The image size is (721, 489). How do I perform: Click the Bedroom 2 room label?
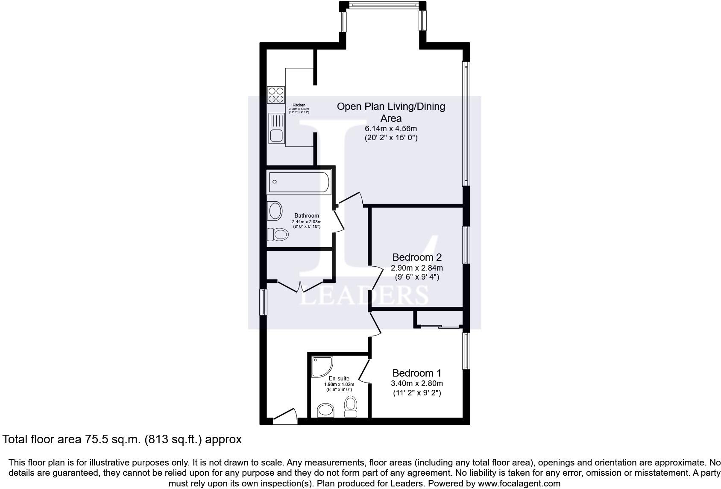click(416, 257)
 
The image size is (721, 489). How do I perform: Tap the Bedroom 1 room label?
click(416, 373)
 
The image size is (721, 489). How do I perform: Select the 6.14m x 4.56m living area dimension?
click(390, 128)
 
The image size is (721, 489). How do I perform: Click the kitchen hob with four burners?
click(276, 95)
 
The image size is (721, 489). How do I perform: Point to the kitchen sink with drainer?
click(276, 129)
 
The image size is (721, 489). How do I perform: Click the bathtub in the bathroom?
click(299, 182)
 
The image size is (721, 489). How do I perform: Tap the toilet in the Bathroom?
click(278, 234)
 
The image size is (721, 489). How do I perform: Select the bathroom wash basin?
click(275, 211)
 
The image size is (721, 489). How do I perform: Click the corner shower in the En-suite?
click(321, 366)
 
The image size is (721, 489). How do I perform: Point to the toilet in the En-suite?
click(351, 405)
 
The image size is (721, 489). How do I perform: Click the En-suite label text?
click(339, 378)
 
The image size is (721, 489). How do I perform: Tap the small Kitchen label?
click(299, 105)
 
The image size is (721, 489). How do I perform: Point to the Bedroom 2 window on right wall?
click(466, 245)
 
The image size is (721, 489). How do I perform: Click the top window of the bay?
click(383, 5)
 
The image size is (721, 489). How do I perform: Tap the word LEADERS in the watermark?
click(364, 295)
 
